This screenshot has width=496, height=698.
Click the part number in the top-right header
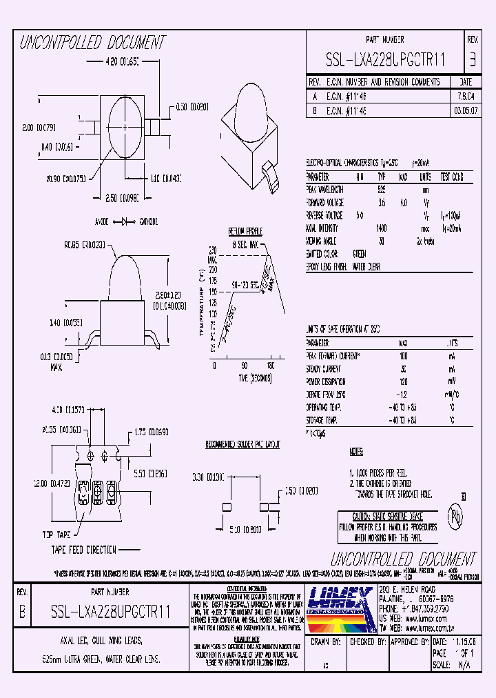(x=385, y=61)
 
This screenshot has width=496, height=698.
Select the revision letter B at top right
(x=473, y=60)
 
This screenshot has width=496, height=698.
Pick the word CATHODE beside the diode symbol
(x=149, y=222)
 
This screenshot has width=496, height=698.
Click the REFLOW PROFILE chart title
(x=246, y=231)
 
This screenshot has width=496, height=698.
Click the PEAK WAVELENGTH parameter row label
(x=324, y=189)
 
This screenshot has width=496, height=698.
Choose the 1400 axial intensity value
(x=382, y=228)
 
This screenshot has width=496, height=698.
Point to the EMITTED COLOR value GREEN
(x=359, y=253)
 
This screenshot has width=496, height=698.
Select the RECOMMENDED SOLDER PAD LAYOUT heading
(x=244, y=445)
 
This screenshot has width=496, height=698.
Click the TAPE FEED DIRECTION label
(x=83, y=549)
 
